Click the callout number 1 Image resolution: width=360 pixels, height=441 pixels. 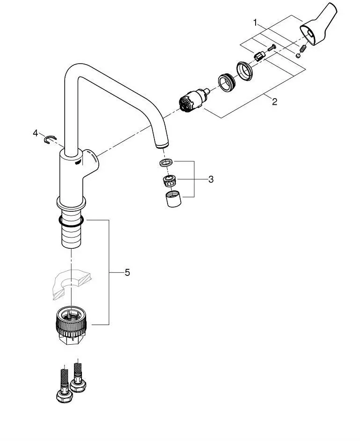pos(255,22)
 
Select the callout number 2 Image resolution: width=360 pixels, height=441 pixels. pos(274,102)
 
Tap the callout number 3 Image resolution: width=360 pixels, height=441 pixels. pos(211,179)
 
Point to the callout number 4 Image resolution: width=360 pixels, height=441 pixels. pos(36,133)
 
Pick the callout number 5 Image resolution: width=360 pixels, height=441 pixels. pos(127,272)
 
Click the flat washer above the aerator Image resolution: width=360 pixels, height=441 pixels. pos(165,163)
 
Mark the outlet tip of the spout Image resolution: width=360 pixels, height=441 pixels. pos(161,145)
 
